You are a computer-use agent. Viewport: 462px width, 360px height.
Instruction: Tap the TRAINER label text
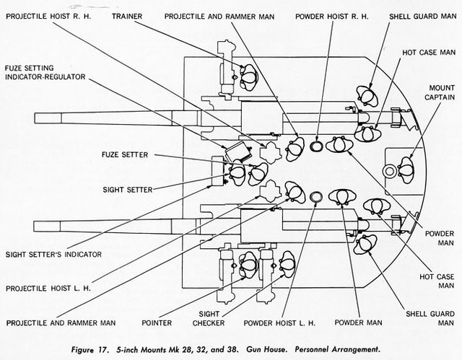tap(128, 15)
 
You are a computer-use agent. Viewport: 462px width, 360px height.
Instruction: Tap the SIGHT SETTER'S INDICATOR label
tap(53, 254)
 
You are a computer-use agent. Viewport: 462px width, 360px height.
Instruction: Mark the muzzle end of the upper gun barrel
tap(36, 119)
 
